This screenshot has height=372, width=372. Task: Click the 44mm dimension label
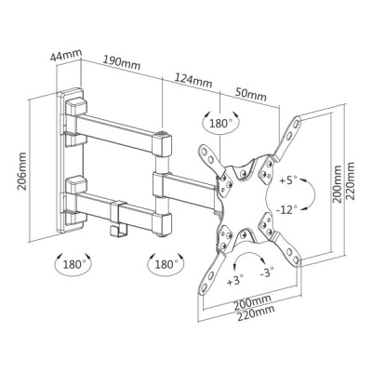[x=66, y=56]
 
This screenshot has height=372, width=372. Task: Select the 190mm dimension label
[x=122, y=62]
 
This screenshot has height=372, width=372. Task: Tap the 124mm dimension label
[x=193, y=80]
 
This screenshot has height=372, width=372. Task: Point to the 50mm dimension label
[x=251, y=94]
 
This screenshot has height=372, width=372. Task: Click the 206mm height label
[x=22, y=171]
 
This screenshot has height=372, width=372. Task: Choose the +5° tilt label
[x=288, y=180]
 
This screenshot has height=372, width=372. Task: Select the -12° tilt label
[x=287, y=210]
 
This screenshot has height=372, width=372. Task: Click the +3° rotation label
[x=235, y=281]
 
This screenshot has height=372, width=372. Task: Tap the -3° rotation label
[x=267, y=272]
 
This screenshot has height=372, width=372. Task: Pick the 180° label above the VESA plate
[x=221, y=124]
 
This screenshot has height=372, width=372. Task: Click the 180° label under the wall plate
[x=74, y=265]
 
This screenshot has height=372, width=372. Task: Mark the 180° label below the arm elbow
[x=166, y=265]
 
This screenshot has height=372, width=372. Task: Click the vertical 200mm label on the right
[x=337, y=184]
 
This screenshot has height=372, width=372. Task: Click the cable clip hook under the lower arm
[x=116, y=231]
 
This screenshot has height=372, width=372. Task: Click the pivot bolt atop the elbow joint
[x=162, y=133]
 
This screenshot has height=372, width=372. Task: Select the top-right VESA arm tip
[x=298, y=119]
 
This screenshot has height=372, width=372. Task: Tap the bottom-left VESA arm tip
[x=201, y=291]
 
